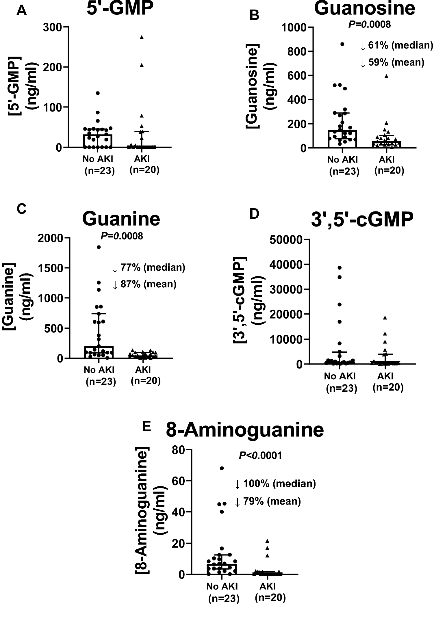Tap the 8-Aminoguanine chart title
click(x=245, y=430)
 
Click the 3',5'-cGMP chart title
click(x=362, y=220)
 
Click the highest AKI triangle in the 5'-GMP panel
click(x=142, y=37)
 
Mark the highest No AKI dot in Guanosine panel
click(x=342, y=44)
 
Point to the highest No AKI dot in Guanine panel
click(x=99, y=247)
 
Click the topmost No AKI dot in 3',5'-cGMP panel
click(x=340, y=268)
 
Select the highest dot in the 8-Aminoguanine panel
click(x=222, y=468)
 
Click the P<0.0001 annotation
click(x=260, y=456)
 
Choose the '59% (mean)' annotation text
click(x=396, y=62)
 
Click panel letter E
click(x=146, y=427)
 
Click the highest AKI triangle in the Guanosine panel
click(x=386, y=76)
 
